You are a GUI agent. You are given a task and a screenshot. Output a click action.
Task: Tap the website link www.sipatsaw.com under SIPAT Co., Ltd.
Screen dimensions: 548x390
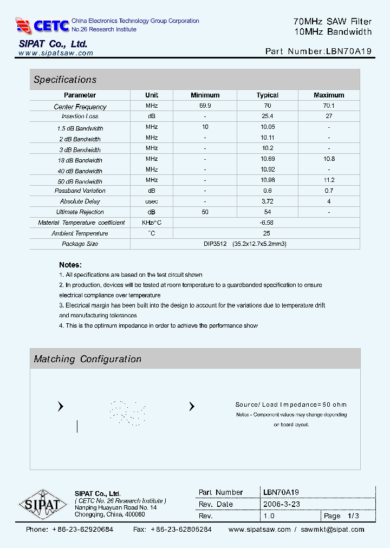pos(56,53)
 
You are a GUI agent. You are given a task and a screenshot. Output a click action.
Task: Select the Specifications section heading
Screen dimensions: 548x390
pos(65,80)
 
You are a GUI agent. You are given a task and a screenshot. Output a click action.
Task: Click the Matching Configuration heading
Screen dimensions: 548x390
pos(87,359)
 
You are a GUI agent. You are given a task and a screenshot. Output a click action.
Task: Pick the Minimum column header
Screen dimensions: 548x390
pos(205,95)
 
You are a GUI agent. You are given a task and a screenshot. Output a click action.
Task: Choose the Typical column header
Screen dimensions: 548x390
pos(267,95)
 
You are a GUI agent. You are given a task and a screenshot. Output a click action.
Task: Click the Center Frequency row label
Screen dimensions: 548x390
pos(80,107)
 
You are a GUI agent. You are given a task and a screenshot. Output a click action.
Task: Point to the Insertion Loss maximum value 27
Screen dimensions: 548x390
pos(329,116)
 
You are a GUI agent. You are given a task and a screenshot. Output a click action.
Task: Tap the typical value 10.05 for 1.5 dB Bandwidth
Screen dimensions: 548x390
pos(267,127)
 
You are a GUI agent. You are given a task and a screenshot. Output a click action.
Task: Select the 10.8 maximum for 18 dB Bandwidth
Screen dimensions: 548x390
pos(329,159)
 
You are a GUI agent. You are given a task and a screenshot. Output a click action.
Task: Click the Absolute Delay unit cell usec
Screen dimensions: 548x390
pos(152,201)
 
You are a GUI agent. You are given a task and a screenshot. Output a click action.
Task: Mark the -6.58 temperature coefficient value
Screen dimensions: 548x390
pos(267,223)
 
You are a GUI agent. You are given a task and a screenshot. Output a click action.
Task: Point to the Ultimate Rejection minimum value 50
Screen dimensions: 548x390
pos(205,212)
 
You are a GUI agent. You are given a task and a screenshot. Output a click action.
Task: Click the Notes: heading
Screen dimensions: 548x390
pos(70,265)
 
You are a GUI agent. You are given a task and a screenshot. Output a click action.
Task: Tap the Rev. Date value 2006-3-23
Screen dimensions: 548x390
pos(281,504)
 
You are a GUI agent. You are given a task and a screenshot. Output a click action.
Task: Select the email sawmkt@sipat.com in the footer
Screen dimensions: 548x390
pos(333,530)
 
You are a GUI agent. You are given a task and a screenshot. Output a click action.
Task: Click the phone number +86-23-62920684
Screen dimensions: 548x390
pos(82,530)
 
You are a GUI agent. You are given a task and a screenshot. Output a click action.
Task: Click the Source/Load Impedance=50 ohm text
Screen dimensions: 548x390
pos(291,405)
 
